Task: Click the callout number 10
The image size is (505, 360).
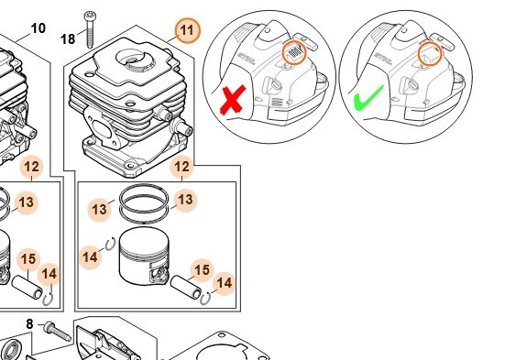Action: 38,28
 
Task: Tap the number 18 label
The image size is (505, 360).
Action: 68,39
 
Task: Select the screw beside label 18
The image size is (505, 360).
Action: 90,29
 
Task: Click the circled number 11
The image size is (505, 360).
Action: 188,31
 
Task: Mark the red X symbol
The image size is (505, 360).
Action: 233,100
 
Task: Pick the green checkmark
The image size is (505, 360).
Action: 368,98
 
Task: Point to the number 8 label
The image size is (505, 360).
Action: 29,324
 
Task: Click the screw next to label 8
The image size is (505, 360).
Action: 58,331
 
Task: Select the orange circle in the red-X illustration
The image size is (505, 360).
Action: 294,52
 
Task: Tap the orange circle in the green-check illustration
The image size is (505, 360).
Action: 430,53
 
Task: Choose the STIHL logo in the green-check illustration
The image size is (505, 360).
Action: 383,59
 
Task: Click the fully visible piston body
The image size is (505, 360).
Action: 144,256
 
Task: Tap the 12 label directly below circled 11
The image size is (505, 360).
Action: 182,167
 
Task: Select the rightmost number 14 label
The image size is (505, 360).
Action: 225,283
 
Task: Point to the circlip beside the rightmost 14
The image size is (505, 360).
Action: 205,299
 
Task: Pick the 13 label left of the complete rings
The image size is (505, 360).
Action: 100,210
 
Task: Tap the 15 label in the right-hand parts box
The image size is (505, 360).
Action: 202,270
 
